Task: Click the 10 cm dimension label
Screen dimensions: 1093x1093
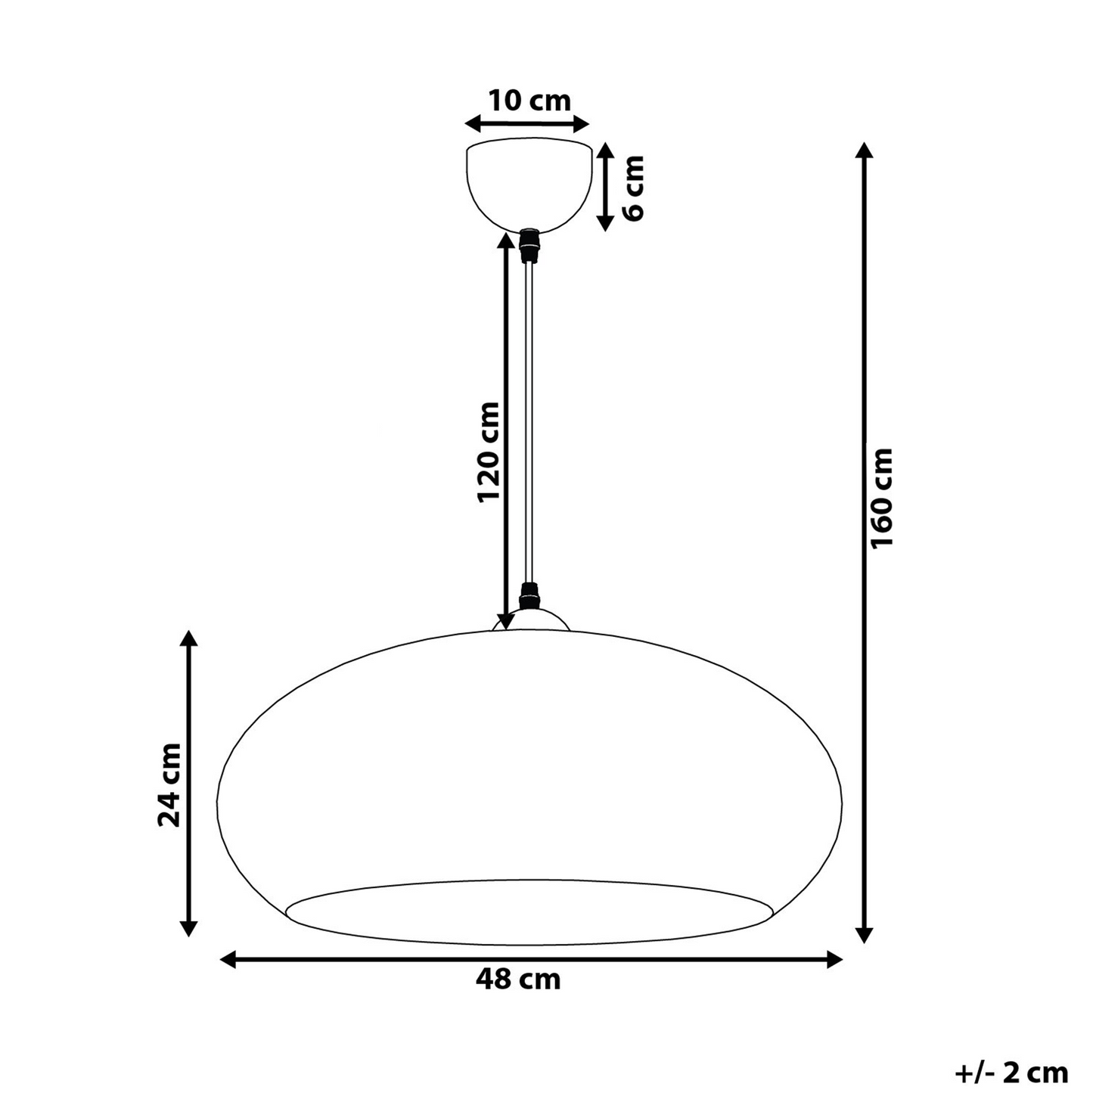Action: (529, 101)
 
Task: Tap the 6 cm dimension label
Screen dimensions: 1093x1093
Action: (633, 188)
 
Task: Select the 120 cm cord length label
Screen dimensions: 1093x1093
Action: (489, 452)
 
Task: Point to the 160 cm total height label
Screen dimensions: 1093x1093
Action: (881, 498)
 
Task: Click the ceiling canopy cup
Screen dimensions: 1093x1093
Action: (529, 185)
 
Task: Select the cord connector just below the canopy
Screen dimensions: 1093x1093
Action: (529, 246)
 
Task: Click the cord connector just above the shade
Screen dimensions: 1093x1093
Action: (529, 596)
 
